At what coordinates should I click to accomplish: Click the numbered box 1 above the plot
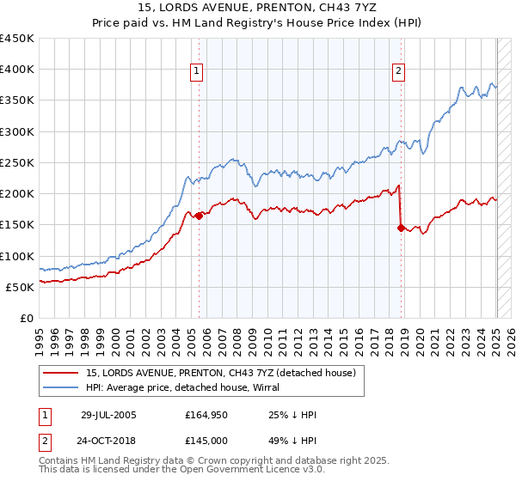(198, 72)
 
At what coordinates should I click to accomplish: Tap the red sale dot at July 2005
(199, 216)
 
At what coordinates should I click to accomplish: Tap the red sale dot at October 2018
(401, 228)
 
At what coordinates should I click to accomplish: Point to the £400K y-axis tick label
(17, 70)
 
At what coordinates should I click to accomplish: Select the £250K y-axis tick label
(17, 162)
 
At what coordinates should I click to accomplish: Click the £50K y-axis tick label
(21, 287)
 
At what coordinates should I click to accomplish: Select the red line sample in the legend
(62, 372)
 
